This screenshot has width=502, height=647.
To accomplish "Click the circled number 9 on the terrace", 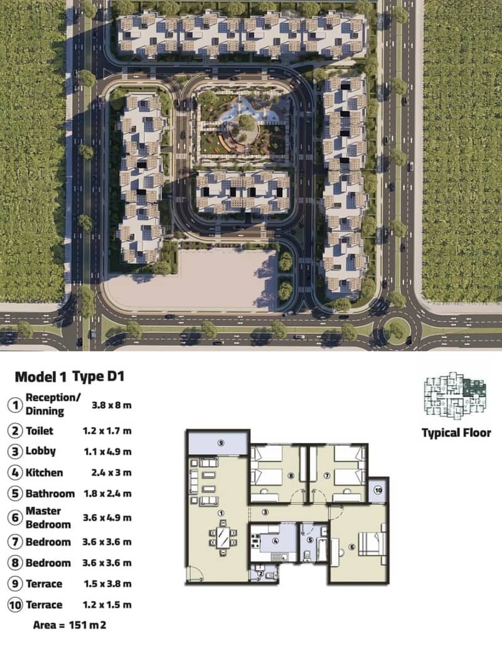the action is [x=221, y=443].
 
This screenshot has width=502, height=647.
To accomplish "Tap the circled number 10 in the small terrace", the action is [x=378, y=490].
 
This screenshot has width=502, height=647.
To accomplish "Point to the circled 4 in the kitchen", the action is [x=275, y=540].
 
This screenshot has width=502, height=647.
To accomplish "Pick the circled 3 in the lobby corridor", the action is [x=265, y=512].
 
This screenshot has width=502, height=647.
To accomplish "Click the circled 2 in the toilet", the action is [x=260, y=573].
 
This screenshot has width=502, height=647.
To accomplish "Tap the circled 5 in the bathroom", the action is [x=310, y=540].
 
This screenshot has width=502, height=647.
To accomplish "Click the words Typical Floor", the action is [x=456, y=433].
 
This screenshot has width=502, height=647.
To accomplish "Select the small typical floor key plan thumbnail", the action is [x=456, y=396].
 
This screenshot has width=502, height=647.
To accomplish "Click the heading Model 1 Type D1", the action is [x=69, y=377].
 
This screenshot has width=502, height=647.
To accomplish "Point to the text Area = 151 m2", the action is [x=69, y=625].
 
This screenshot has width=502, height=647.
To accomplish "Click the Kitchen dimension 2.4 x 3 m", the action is [x=111, y=473].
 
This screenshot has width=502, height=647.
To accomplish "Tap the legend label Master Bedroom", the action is [x=48, y=518].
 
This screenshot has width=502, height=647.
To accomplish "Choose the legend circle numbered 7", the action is [x=15, y=542].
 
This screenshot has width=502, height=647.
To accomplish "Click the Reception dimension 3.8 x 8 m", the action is [x=111, y=405].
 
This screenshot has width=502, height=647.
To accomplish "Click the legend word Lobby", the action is [x=40, y=451].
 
